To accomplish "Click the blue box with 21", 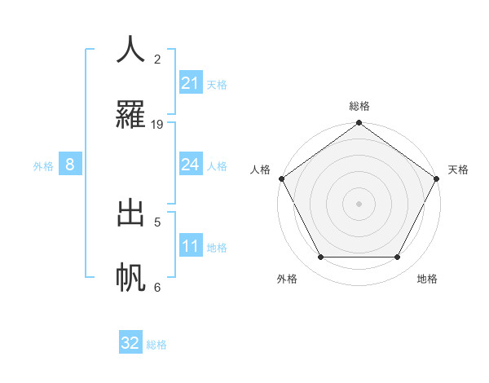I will pyautogui.click(x=191, y=82).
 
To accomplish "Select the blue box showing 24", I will pyautogui.click(x=191, y=165).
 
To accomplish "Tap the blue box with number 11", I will pyautogui.click(x=191, y=246).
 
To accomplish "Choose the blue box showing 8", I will pyautogui.click(x=70, y=165).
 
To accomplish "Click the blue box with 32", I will pyautogui.click(x=130, y=343).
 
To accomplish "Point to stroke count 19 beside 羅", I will pyautogui.click(x=157, y=125).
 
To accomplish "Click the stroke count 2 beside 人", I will pyautogui.click(x=157, y=59).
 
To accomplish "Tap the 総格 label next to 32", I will pyautogui.click(x=156, y=345).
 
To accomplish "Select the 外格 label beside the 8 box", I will pyautogui.click(x=43, y=166).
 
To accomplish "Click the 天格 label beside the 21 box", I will pyautogui.click(x=217, y=84).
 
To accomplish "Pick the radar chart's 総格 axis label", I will pyautogui.click(x=359, y=106).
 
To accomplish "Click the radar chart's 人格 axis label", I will pyautogui.click(x=261, y=169).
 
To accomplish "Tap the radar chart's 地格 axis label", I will pyautogui.click(x=427, y=279).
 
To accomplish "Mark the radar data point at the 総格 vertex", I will pyautogui.click(x=359, y=124).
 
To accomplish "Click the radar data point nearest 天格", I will pyautogui.click(x=438, y=178).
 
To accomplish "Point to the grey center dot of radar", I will pyautogui.click(x=359, y=203).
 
